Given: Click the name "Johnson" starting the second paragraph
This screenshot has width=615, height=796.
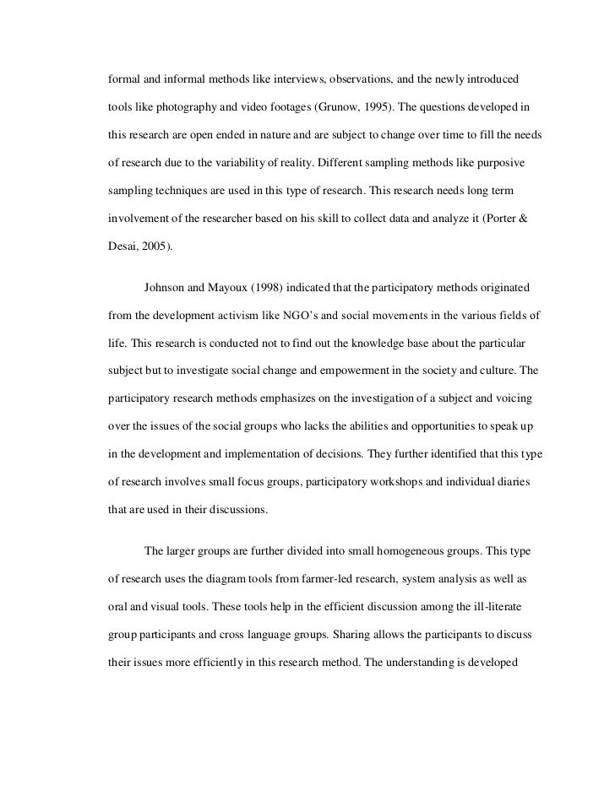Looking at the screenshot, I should [168, 288].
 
